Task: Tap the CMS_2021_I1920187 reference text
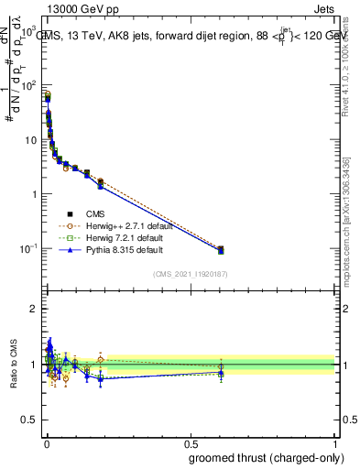190,274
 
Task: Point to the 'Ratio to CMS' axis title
13,365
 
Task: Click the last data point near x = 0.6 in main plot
221,249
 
